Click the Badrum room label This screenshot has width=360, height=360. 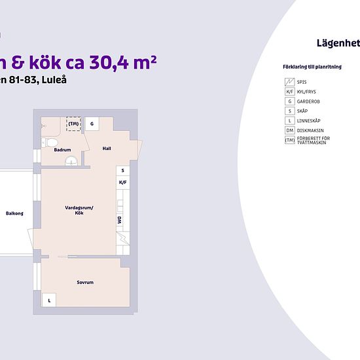[62, 150]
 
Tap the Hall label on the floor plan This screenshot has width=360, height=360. [107, 149]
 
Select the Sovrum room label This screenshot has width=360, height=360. [85, 282]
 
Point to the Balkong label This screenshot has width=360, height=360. [14, 213]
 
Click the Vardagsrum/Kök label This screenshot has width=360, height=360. [79, 210]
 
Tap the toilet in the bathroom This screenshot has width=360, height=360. [50, 143]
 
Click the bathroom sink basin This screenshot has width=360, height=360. [71, 161]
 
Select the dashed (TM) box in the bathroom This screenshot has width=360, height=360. [73, 124]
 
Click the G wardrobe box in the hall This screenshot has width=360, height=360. [92, 124]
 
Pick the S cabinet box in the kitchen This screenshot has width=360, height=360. [123, 171]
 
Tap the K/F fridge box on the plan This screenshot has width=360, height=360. [123, 183]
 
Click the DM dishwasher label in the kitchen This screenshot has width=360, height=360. [119, 220]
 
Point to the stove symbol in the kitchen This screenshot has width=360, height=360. [123, 238]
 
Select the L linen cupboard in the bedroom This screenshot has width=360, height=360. [49, 300]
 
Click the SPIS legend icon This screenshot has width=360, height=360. [290, 82]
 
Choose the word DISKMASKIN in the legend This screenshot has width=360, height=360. [310, 131]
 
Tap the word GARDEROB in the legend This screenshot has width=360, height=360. [308, 101]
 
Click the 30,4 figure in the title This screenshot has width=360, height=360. [109, 62]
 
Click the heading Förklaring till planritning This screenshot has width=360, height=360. [312, 67]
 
